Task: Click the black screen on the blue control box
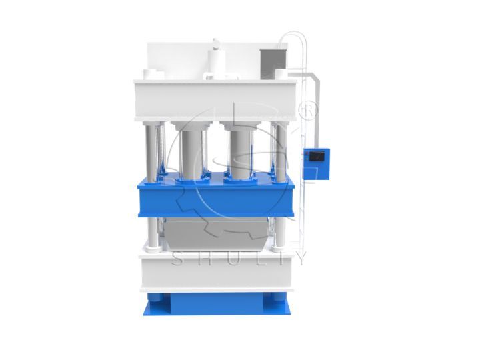tap(317, 156)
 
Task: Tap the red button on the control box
tap(306, 154)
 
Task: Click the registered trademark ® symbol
tap(309, 111)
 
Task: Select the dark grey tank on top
tap(273, 64)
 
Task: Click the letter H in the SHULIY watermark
tap(203, 259)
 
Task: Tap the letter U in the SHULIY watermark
tap(232, 259)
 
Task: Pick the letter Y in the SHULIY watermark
tap(301, 259)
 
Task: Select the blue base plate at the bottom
tap(217, 304)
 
